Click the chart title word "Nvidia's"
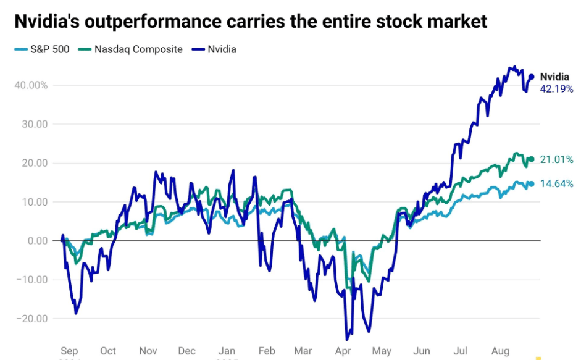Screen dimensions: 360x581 tap(48, 22)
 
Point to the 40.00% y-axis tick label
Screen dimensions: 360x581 tap(30, 85)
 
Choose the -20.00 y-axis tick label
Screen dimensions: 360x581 tap(33, 319)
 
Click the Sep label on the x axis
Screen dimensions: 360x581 tap(70, 351)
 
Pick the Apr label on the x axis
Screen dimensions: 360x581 tap(343, 351)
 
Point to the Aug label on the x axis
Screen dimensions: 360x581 tap(501, 351)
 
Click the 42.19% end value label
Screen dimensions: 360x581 tap(556, 89)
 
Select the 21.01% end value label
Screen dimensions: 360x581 tap(556, 160)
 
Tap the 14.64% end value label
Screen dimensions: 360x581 tap(556, 183)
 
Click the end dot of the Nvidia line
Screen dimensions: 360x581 tap(531, 77)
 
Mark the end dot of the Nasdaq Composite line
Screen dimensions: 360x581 tap(531, 159)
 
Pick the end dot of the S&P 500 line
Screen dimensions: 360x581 tap(531, 183)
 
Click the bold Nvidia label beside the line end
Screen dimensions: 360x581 tap(554, 77)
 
